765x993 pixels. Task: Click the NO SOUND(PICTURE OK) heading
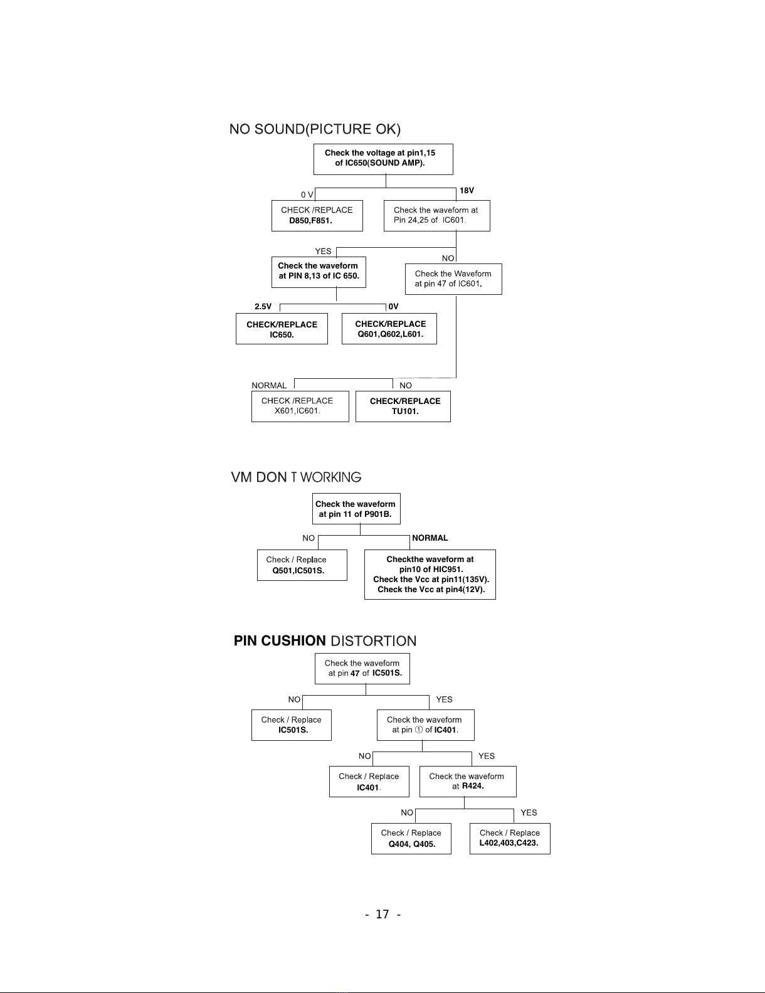coord(315,129)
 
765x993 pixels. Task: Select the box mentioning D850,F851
coord(317,216)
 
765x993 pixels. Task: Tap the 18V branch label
coord(467,191)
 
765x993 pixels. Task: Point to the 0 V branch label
coord(307,194)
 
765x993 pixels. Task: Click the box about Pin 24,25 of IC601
coord(436,216)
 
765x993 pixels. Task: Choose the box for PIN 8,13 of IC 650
coord(319,272)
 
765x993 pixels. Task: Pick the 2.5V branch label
coord(263,307)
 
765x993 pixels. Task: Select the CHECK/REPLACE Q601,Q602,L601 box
coord(389,329)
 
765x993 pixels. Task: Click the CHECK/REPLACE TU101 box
coord(403,406)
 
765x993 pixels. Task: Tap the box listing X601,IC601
coord(300,406)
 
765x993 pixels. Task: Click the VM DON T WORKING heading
coord(296,477)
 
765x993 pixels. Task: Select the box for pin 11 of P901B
coord(356,509)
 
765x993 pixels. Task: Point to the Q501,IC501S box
coord(302,565)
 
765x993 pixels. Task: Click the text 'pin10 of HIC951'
coord(431,570)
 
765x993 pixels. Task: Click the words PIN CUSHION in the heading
coord(280,640)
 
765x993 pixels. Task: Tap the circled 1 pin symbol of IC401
coord(419,730)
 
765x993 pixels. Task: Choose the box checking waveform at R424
coord(468,782)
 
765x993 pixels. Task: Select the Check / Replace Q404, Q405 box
coord(411,839)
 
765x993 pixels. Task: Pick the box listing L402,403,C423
coord(510,839)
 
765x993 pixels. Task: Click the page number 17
coord(382,915)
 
